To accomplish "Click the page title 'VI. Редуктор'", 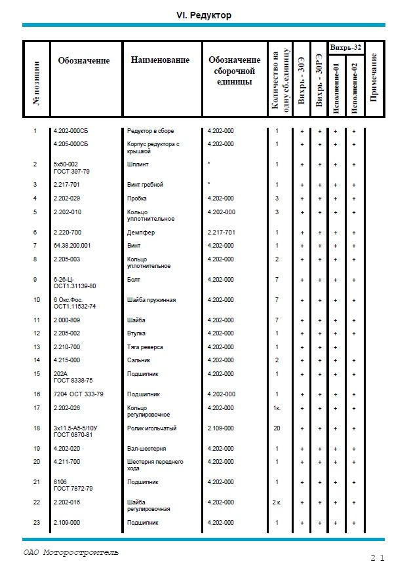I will coord(204,15).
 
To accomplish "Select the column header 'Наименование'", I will coord(160,60).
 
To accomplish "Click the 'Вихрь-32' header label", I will coord(345,47).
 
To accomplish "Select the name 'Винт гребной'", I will coord(145,185).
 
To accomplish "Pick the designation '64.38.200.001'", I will coord(72,246).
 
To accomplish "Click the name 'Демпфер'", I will coord(139,233).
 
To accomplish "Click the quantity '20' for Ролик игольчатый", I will coord(277,428).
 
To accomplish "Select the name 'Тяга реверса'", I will coord(145,347).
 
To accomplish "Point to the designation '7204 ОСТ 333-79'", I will coord(78,394).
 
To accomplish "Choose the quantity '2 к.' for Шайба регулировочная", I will coord(277,502).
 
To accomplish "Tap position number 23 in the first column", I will coord(35,523).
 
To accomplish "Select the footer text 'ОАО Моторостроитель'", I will coord(71,552).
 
